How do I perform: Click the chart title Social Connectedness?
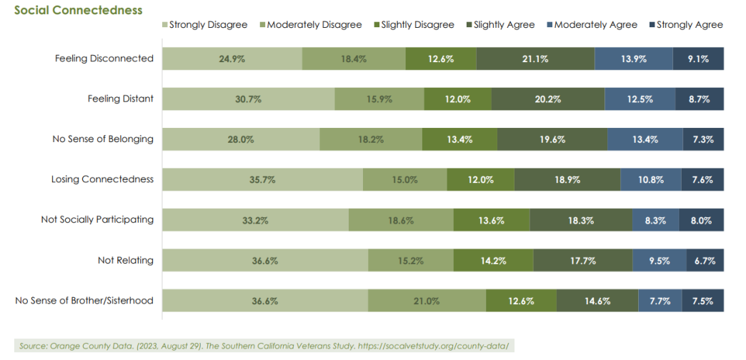click(79, 10)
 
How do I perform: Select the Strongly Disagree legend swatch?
click(165, 25)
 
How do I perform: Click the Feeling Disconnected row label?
click(104, 59)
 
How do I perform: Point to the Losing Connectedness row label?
click(102, 179)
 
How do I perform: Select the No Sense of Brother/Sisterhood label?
click(84, 300)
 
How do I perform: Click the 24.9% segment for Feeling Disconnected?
click(232, 59)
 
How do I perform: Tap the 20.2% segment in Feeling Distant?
click(547, 99)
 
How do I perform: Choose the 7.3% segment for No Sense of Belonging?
click(703, 139)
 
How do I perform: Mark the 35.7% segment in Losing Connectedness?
click(262, 180)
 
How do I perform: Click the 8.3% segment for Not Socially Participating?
click(655, 220)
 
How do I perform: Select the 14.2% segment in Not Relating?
click(492, 261)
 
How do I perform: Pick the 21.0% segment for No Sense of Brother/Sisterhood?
click(427, 301)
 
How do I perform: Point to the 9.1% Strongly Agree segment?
click(698, 59)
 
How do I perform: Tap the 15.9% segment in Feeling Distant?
click(379, 99)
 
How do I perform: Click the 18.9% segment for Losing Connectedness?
click(567, 180)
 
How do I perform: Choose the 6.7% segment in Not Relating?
click(705, 261)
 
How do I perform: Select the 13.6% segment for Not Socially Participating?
click(492, 220)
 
